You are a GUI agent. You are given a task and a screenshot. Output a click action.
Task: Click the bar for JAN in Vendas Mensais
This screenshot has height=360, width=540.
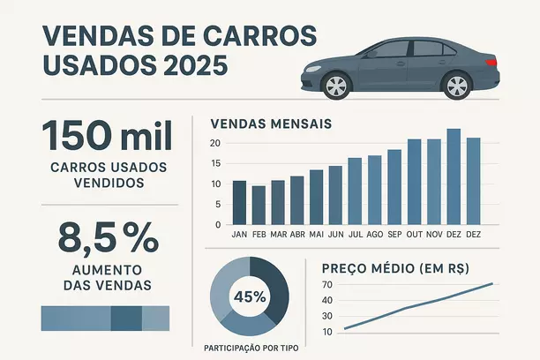[239, 202]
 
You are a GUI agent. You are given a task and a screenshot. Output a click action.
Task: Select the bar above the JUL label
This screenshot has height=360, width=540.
[356, 191]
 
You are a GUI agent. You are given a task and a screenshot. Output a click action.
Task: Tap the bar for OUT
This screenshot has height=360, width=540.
[414, 182]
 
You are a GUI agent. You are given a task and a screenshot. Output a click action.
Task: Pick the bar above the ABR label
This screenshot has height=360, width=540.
[297, 200]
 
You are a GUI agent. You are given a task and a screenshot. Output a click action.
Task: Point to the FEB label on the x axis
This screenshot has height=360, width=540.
[259, 236]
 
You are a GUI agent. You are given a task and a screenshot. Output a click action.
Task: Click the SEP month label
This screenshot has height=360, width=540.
[394, 236]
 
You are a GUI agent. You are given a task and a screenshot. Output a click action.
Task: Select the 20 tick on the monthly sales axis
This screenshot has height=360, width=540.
[214, 143]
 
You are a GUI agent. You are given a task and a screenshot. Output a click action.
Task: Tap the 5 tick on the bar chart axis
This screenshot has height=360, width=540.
[217, 205]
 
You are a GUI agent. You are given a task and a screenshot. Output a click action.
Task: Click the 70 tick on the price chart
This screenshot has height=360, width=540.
[327, 284]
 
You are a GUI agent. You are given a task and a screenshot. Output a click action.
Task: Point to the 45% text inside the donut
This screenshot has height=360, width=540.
[250, 296]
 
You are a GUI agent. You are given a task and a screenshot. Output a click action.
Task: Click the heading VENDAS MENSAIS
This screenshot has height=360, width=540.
[271, 124]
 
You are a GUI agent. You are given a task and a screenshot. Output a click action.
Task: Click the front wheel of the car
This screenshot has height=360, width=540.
[336, 86]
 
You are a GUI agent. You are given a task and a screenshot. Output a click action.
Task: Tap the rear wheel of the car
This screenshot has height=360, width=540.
[456, 86]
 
